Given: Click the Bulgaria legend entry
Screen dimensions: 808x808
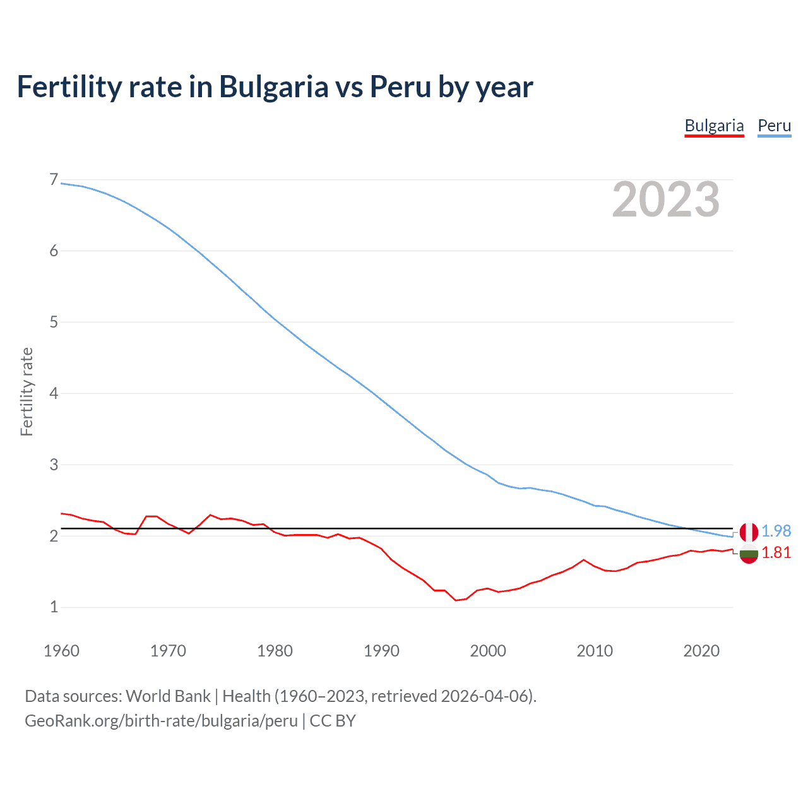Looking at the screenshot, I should click(714, 126).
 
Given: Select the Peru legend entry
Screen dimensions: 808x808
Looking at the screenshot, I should click(774, 126).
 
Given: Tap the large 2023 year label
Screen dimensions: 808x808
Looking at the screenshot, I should click(665, 200).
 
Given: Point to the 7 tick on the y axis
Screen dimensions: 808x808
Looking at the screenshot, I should click(54, 180).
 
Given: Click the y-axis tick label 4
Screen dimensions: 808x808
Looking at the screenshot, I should click(54, 393).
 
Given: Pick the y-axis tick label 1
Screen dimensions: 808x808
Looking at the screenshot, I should click(54, 607).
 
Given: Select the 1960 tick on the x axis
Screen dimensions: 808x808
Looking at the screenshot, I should click(61, 651).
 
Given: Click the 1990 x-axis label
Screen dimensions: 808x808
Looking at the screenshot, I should click(381, 651).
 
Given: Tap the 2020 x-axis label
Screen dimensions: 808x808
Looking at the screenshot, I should click(701, 651).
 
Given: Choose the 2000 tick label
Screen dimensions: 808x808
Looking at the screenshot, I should click(488, 651).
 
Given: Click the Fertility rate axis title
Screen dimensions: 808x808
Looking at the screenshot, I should click(27, 392).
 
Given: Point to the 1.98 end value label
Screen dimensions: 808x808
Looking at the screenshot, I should click(776, 532).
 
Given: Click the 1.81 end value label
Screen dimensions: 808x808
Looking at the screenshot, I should click(776, 553).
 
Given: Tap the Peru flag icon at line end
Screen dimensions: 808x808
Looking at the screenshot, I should click(749, 532).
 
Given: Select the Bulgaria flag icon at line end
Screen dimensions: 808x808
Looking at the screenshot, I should click(749, 554).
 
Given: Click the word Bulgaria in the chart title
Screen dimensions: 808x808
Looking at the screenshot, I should click(273, 86).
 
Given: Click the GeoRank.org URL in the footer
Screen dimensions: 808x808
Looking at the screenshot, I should click(161, 720).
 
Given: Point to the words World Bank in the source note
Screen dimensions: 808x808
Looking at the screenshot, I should click(168, 696).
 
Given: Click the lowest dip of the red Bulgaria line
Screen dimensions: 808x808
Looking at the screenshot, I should click(456, 600).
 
